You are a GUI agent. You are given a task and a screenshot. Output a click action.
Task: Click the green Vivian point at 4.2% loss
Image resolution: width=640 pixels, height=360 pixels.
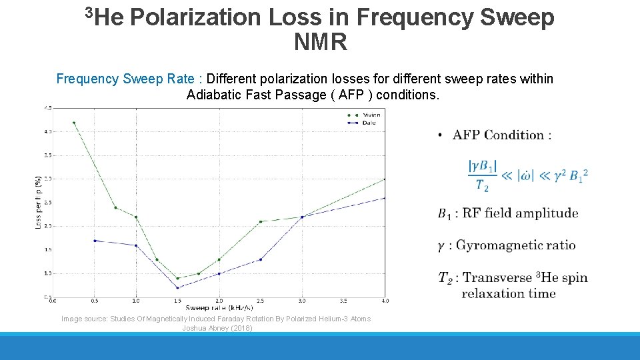tap(74, 123)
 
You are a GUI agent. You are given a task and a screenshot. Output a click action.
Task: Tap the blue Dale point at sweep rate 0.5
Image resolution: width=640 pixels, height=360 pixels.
tap(95, 240)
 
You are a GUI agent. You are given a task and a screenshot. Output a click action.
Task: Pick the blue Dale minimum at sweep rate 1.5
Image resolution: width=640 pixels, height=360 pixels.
tap(177, 287)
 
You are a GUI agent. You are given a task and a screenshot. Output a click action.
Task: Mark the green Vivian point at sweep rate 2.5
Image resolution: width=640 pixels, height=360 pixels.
tap(261, 221)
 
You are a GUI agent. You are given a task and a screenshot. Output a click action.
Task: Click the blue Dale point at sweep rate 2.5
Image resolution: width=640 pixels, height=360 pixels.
tap(261, 259)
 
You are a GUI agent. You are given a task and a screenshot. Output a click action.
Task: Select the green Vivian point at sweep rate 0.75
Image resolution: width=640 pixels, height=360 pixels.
tap(115, 207)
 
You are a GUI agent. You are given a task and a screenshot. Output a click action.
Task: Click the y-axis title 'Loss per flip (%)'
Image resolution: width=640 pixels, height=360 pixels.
tap(38, 202)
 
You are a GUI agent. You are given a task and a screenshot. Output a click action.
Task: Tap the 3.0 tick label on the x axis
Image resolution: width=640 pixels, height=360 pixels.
tap(302, 301)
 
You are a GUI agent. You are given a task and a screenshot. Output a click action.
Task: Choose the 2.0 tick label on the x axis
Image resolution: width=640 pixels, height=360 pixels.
tap(219, 301)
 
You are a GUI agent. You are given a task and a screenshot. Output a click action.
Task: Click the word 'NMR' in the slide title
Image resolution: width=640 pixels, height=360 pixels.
tap(320, 43)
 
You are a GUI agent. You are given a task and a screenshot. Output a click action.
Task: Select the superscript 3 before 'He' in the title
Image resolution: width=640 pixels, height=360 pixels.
tap(90, 11)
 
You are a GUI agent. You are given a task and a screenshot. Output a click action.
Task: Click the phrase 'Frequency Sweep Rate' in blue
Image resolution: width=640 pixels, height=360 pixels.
tap(125, 79)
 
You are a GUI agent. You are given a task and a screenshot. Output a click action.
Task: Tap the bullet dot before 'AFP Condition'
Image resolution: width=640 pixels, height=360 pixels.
tap(441, 135)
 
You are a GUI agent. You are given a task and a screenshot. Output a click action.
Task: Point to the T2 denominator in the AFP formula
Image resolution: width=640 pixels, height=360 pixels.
tap(482, 185)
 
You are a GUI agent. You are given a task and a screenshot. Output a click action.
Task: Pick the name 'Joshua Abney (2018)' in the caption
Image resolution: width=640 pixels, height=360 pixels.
tap(217, 328)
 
